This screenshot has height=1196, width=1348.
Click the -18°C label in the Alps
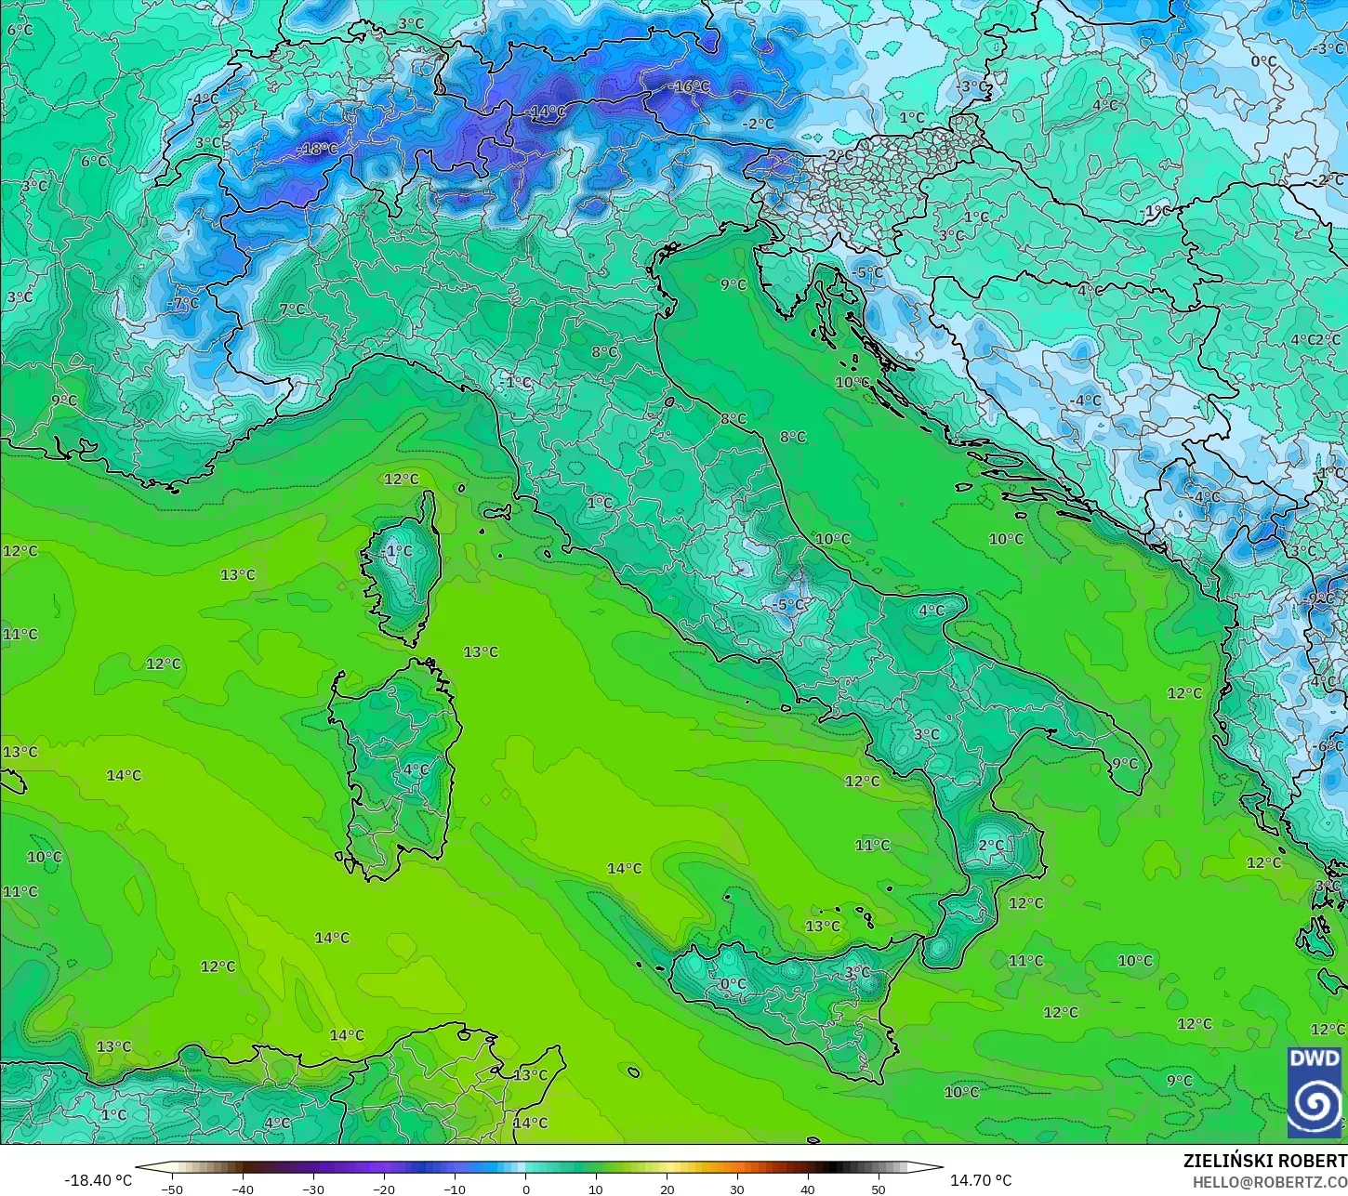click(x=318, y=149)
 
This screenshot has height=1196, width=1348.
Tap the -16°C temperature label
click(x=689, y=86)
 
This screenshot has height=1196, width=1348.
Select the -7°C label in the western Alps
click(x=183, y=303)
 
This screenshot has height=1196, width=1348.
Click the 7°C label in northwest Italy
click(x=292, y=309)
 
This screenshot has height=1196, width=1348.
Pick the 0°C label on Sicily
click(x=733, y=983)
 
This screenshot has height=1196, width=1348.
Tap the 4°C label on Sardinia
click(x=416, y=769)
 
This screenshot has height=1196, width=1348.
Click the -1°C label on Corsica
click(x=397, y=551)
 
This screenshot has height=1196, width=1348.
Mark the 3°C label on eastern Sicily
click(x=857, y=972)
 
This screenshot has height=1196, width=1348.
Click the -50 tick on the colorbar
click(x=172, y=1189)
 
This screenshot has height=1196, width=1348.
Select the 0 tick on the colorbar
click(x=525, y=1189)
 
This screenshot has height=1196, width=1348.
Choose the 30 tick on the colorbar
click(x=737, y=1189)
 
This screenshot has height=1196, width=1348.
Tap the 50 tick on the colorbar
click(x=879, y=1189)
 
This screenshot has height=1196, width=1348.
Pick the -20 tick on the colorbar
click(x=384, y=1189)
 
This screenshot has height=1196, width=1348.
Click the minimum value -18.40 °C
click(x=98, y=1180)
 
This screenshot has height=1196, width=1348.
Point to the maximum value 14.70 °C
click(x=980, y=1180)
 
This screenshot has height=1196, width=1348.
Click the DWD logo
click(x=1314, y=1092)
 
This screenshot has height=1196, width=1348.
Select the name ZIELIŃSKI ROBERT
click(x=1264, y=1161)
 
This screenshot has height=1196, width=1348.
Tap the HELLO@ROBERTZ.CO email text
click(x=1270, y=1182)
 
